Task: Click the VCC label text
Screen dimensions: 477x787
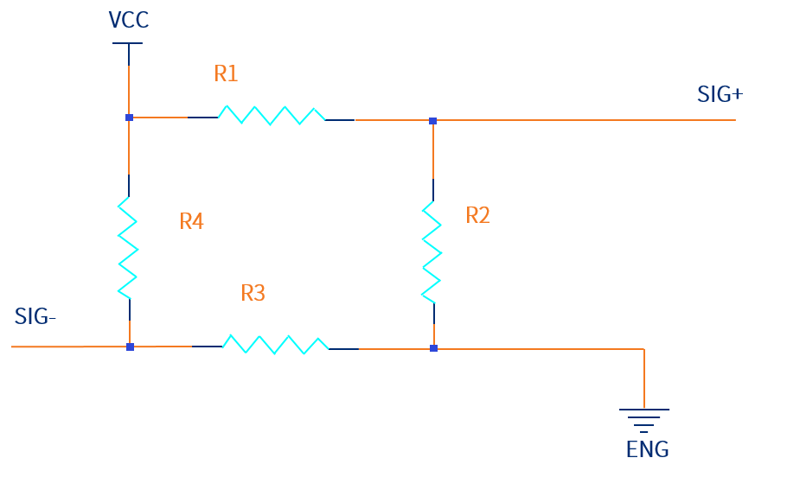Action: pos(129,20)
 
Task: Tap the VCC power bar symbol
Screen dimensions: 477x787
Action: pos(129,43)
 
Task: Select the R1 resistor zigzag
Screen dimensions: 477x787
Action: pos(272,115)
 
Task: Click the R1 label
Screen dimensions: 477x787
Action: pos(226,74)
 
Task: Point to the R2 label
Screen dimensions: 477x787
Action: pos(477,215)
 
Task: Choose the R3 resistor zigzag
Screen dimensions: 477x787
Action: pos(275,344)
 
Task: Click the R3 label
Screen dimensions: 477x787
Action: pos(253,294)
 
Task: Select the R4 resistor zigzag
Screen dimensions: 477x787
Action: pos(128,247)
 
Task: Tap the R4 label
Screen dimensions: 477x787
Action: pos(191,221)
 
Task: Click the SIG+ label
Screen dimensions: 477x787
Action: pos(720,95)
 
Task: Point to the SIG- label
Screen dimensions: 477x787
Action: pos(35,317)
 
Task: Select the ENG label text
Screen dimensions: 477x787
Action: pos(647,450)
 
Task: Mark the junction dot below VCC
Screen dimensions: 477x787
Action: pos(129,117)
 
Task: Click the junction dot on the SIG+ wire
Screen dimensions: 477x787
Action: pos(432,120)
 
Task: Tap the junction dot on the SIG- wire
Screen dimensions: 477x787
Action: pos(130,347)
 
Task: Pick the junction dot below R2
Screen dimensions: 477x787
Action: pos(433,348)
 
